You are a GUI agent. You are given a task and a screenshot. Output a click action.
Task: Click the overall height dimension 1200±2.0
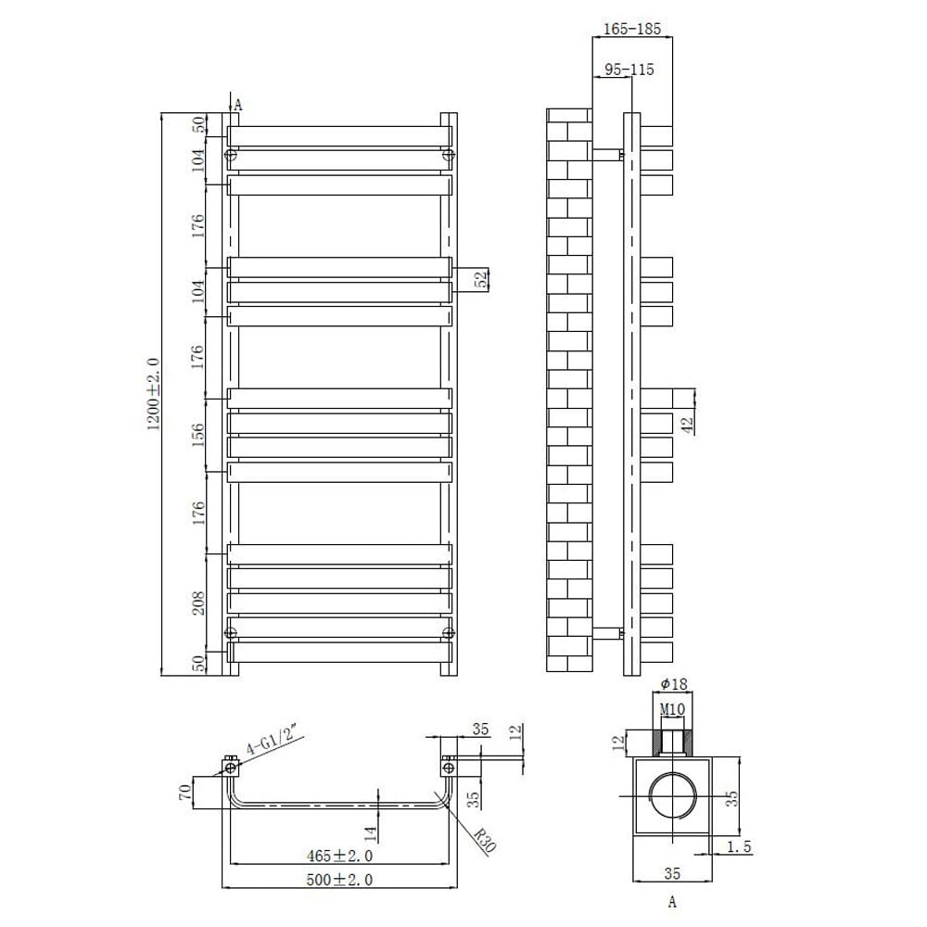(153, 393)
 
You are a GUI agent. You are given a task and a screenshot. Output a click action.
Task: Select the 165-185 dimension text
(632, 30)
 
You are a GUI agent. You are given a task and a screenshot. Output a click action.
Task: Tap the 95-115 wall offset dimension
(629, 70)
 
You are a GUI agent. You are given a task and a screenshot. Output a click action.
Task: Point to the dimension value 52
(481, 280)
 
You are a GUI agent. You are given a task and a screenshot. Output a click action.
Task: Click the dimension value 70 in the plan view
(185, 793)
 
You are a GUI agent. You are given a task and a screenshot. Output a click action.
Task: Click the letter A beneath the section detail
(672, 900)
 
